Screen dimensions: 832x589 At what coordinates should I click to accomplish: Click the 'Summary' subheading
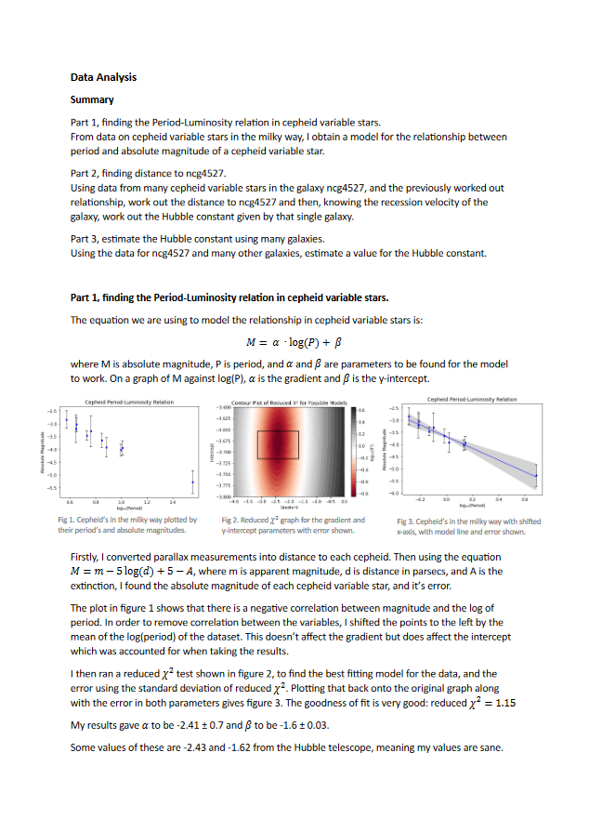pyautogui.click(x=92, y=99)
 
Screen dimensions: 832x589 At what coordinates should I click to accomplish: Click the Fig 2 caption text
pyautogui.click(x=293, y=525)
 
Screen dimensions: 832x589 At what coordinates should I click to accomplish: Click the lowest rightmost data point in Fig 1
pyautogui.click(x=192, y=482)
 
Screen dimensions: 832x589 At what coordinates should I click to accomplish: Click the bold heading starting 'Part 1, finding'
pyautogui.click(x=229, y=297)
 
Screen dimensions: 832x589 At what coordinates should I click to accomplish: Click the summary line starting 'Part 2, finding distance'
pyautogui.click(x=148, y=173)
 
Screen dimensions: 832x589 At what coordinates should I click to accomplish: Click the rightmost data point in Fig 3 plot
pyautogui.click(x=536, y=475)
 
